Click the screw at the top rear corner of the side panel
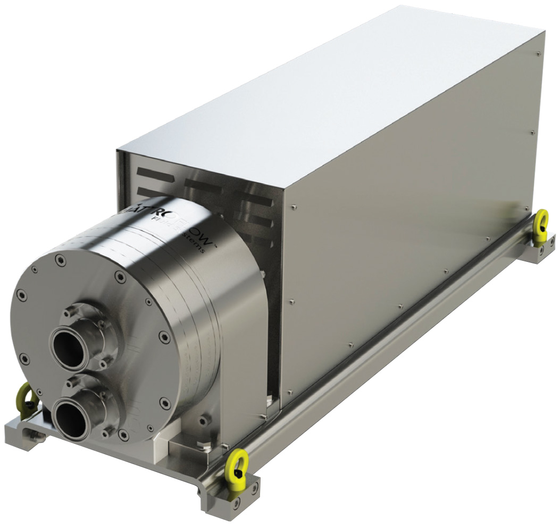539,53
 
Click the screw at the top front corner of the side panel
293,204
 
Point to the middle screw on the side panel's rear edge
533,131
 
